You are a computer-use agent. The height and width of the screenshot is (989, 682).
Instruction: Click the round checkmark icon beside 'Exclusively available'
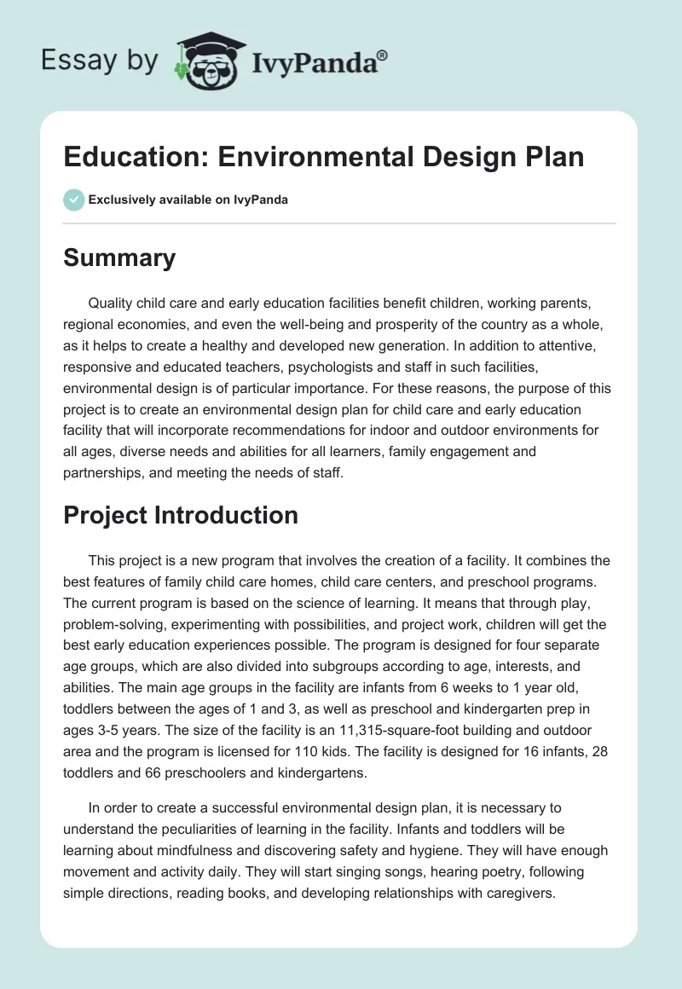(x=74, y=200)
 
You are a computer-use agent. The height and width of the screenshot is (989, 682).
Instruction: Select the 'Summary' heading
(x=119, y=258)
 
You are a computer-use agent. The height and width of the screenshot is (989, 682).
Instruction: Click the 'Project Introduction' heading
(x=181, y=515)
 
